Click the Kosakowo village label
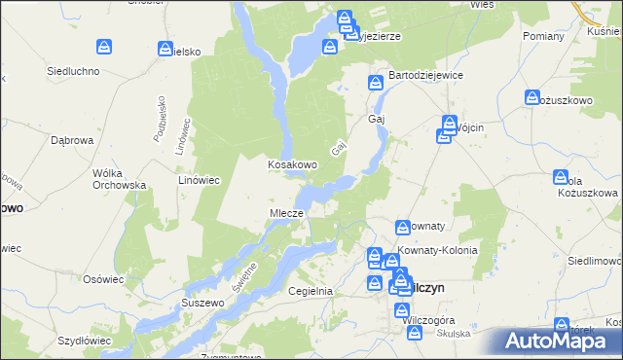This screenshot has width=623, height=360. pos(293,164)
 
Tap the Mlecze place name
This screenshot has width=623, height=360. pos(287,213)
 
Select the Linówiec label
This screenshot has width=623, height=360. pos(202,180)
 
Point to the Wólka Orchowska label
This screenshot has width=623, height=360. pos(119,179)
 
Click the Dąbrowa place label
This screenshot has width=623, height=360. pos(70,140)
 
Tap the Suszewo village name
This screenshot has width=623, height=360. pos(202,303)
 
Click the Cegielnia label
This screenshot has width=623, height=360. pos(311,291)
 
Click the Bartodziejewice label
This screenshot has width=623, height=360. pos(425,75)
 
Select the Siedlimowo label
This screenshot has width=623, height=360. pos(594,262)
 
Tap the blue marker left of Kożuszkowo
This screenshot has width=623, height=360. pos(532,97)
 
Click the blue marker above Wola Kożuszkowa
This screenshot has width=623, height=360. pos(561,177)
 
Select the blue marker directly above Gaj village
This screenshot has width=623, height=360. pos(375,84)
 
